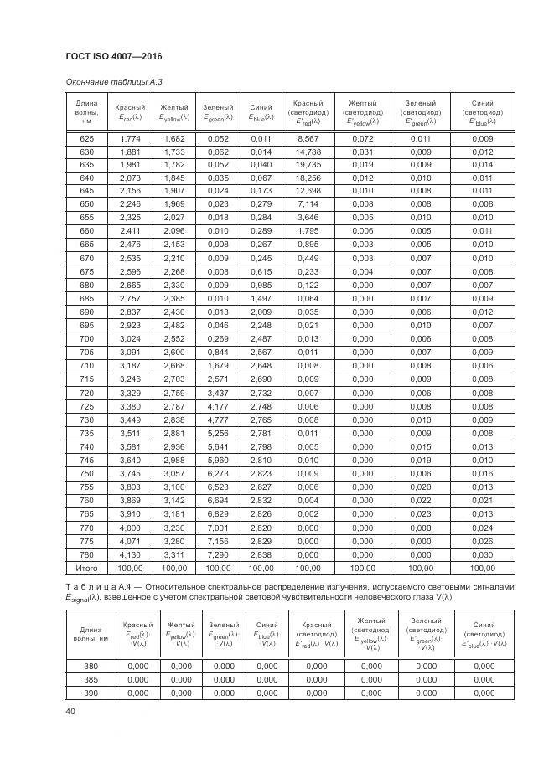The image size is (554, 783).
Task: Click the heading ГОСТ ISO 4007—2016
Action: (113, 56)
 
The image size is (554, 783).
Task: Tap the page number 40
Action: (70, 712)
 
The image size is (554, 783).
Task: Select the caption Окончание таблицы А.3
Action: (108, 81)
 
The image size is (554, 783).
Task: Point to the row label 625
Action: (87, 138)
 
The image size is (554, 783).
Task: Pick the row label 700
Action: (87, 338)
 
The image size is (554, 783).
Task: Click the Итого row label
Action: (87, 567)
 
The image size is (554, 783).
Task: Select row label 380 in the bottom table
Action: (90, 666)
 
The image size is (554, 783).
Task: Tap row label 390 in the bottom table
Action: (90, 693)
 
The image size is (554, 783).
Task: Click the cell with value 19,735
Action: (308, 165)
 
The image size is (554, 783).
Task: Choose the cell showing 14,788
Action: (308, 152)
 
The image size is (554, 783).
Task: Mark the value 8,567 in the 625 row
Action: (308, 138)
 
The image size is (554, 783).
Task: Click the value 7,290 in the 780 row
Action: (217, 554)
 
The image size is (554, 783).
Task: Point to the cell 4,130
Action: (130, 554)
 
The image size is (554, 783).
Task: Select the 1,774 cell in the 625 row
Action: (130, 138)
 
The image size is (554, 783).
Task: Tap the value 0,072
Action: (362, 138)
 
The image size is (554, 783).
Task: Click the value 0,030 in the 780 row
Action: (482, 554)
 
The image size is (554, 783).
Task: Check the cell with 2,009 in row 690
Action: (261, 312)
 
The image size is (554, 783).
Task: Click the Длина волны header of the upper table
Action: (87, 111)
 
